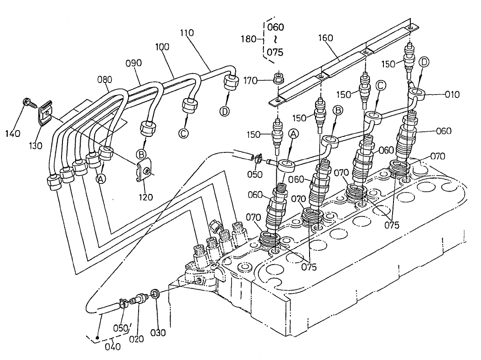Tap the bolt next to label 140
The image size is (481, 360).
[x=28, y=102]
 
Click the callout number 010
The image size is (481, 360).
[x=452, y=94]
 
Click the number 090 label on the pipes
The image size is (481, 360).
[x=134, y=63]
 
